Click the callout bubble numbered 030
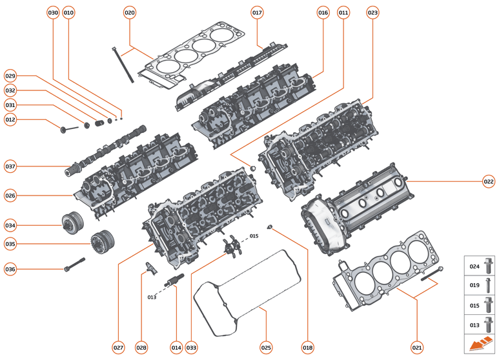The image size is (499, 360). click(53, 13)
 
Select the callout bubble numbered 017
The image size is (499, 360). click(257, 13)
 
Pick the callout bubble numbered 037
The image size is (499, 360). click(10, 166)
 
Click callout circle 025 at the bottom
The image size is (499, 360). click(266, 347)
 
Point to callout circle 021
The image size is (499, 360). click(416, 347)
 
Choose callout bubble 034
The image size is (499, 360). click(10, 225)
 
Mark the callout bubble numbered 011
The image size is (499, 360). click(343, 13)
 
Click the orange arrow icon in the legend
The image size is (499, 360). click(480, 345)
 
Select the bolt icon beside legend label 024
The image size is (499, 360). click(488, 265)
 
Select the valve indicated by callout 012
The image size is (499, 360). click(68, 130)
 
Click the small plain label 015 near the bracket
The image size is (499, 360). click(254, 236)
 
